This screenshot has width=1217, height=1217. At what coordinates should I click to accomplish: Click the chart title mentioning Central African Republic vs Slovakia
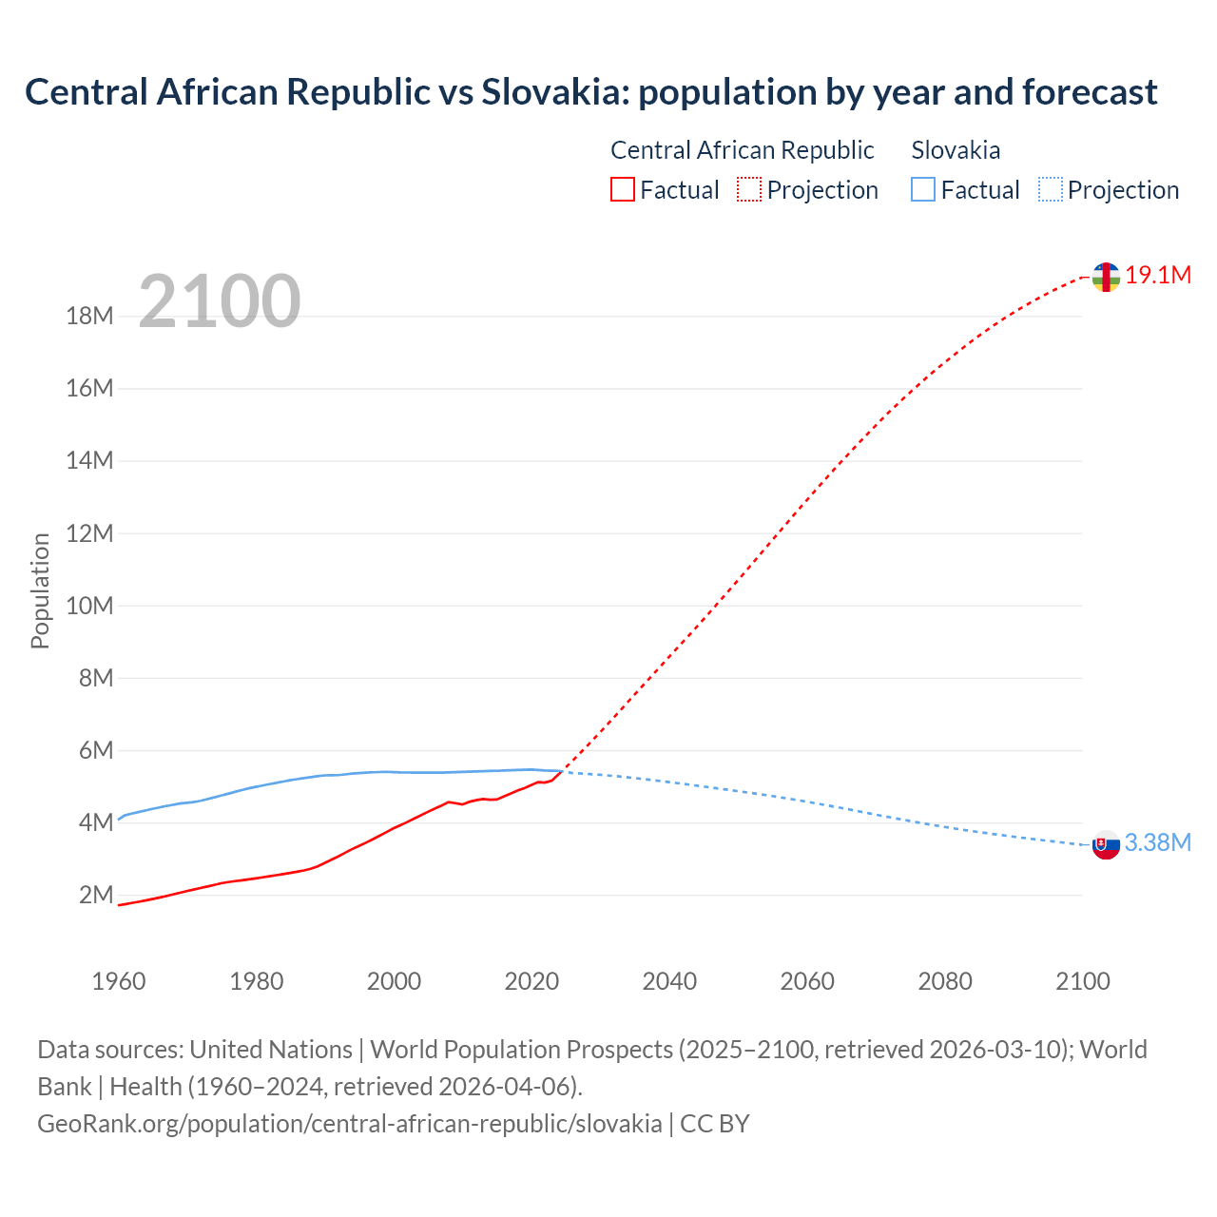pos(590,92)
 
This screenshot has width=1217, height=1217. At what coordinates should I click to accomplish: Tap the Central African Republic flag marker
pos(1105,277)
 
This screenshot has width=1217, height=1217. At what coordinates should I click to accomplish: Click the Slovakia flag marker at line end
pos(1105,844)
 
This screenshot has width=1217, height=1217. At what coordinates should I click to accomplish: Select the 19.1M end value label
pos(1157,276)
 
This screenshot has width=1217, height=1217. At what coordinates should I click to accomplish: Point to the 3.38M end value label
pos(1157,843)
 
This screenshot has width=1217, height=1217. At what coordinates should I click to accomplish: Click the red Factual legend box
pos(622,190)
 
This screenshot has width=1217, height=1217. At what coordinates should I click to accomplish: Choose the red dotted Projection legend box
pos(749,190)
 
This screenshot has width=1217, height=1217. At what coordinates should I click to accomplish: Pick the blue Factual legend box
pos(922,190)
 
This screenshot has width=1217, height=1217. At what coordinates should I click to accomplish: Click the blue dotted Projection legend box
pos(1050,190)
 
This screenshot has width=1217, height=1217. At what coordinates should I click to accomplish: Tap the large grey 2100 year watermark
pos(220,301)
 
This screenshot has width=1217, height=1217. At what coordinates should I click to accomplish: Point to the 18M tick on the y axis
pos(90,317)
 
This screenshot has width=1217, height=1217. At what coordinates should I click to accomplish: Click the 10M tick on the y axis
pos(90,606)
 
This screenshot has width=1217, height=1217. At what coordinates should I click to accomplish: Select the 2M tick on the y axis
pos(96,895)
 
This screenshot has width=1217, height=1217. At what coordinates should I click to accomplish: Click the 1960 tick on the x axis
pos(119,981)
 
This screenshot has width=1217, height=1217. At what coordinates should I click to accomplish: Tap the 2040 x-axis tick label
pos(669,981)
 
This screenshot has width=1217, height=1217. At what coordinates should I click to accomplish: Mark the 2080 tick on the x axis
pos(945,981)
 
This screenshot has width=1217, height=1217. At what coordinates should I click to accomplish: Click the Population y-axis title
pos(40,590)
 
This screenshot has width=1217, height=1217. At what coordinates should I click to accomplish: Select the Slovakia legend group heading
pos(956,150)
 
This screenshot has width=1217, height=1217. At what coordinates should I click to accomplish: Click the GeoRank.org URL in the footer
pos(349,1124)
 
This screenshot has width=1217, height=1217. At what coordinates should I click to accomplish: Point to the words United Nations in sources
pos(271,1050)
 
